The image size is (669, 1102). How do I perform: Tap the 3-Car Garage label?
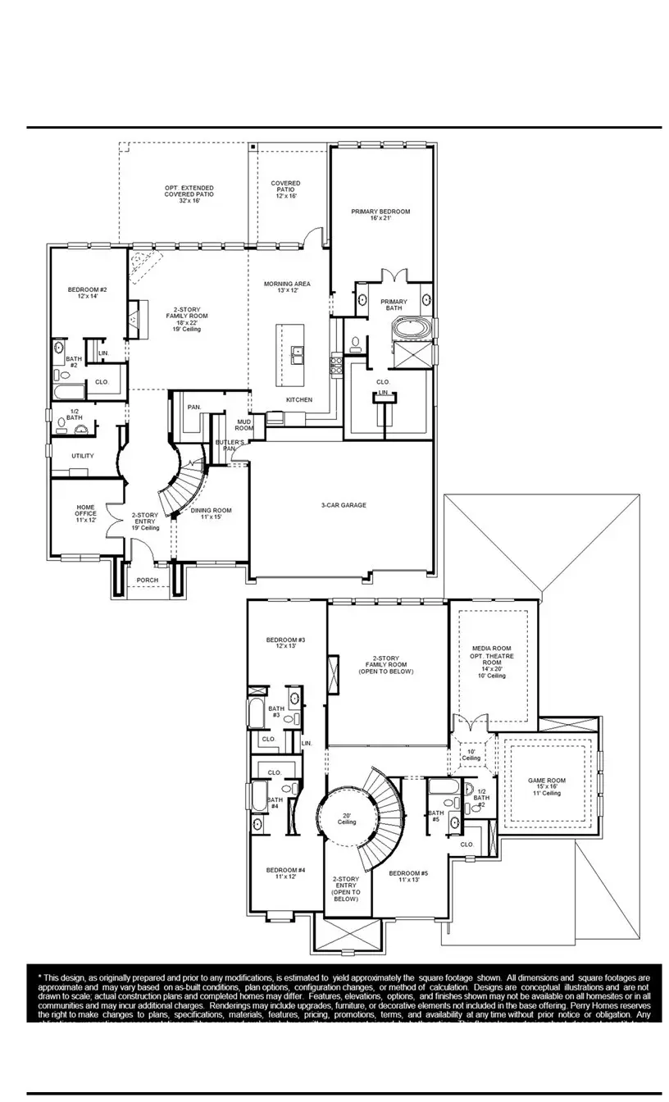pyautogui.click(x=344, y=505)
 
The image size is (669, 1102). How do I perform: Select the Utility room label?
pyautogui.click(x=83, y=456)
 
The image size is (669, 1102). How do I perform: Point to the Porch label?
pyautogui.click(x=148, y=581)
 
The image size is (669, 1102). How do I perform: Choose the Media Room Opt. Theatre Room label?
pyautogui.click(x=493, y=661)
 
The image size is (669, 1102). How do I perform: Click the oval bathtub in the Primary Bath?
pyautogui.click(x=408, y=330)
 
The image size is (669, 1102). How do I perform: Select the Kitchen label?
pyautogui.click(x=299, y=399)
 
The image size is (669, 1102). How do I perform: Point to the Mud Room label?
pyautogui.click(x=244, y=424)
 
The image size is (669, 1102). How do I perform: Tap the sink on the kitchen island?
pyautogui.click(x=297, y=353)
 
